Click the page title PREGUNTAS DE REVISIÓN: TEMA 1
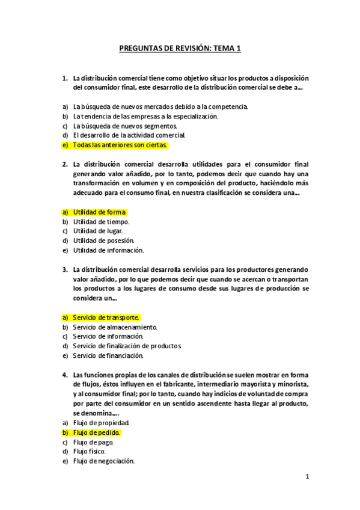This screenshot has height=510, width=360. click(180, 49)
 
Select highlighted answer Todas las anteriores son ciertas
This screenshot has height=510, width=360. click(120, 145)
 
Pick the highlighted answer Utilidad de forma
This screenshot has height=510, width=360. click(99, 212)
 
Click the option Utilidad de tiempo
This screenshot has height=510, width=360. click(101, 221)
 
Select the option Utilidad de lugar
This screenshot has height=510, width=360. click(98, 231)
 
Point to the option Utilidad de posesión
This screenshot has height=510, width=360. click(103, 241)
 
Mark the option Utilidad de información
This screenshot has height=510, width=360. click(108, 250)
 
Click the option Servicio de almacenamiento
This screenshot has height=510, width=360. click(115, 327)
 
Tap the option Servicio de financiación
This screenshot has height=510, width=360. click(108, 355)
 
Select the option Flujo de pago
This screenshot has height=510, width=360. click(93, 442)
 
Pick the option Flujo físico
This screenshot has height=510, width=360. click(90, 452)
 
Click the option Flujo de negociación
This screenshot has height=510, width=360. click(104, 461)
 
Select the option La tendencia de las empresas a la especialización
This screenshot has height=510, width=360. click(145, 116)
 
